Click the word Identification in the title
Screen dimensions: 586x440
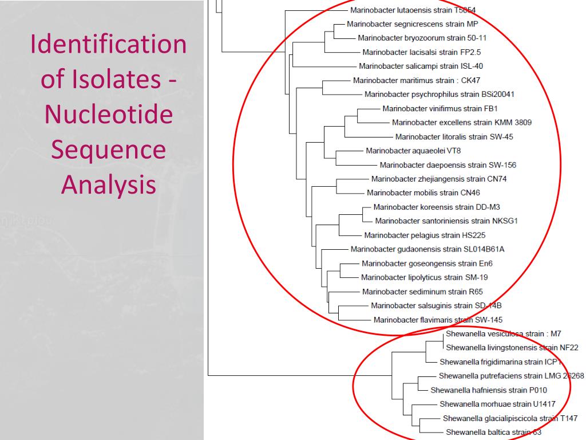(108, 45)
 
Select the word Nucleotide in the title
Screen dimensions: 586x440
(108, 115)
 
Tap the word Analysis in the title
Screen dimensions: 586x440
(108, 184)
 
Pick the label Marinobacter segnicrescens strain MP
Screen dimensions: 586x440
(412, 24)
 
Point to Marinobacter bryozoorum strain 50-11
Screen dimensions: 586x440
(422, 38)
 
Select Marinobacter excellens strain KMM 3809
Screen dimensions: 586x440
(462, 123)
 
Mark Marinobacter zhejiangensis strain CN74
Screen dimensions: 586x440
(439, 179)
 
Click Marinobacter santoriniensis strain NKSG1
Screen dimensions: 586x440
(446, 221)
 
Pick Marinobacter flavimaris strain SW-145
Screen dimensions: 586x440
(438, 320)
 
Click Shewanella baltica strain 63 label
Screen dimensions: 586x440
(493, 432)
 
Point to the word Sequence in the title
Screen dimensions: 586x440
(108, 150)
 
